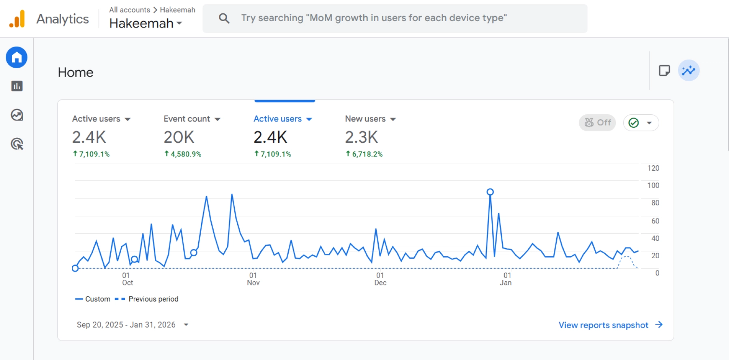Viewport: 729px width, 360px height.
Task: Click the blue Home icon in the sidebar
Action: click(17, 58)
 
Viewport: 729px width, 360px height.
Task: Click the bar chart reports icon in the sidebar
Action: click(17, 86)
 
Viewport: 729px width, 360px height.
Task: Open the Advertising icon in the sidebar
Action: click(17, 144)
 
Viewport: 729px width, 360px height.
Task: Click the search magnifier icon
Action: click(224, 18)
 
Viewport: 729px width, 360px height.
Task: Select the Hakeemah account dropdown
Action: click(146, 24)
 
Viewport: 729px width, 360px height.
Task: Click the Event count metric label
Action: click(187, 119)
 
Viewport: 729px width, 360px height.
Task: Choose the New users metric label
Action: click(365, 119)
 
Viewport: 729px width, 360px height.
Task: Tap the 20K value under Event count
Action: click(179, 137)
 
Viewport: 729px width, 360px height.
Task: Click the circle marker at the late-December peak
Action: click(490, 192)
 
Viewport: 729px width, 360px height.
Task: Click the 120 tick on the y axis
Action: click(653, 168)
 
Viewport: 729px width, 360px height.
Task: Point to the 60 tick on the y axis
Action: click(655, 221)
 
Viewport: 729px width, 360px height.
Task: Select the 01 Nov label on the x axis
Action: click(253, 279)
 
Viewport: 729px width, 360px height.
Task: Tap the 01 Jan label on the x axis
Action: click(506, 279)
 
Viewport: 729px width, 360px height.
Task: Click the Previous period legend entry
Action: click(153, 299)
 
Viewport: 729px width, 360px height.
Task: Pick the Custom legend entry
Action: click(97, 299)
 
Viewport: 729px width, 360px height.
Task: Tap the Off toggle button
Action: click(597, 122)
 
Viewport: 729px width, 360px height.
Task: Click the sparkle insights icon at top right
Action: click(688, 71)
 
